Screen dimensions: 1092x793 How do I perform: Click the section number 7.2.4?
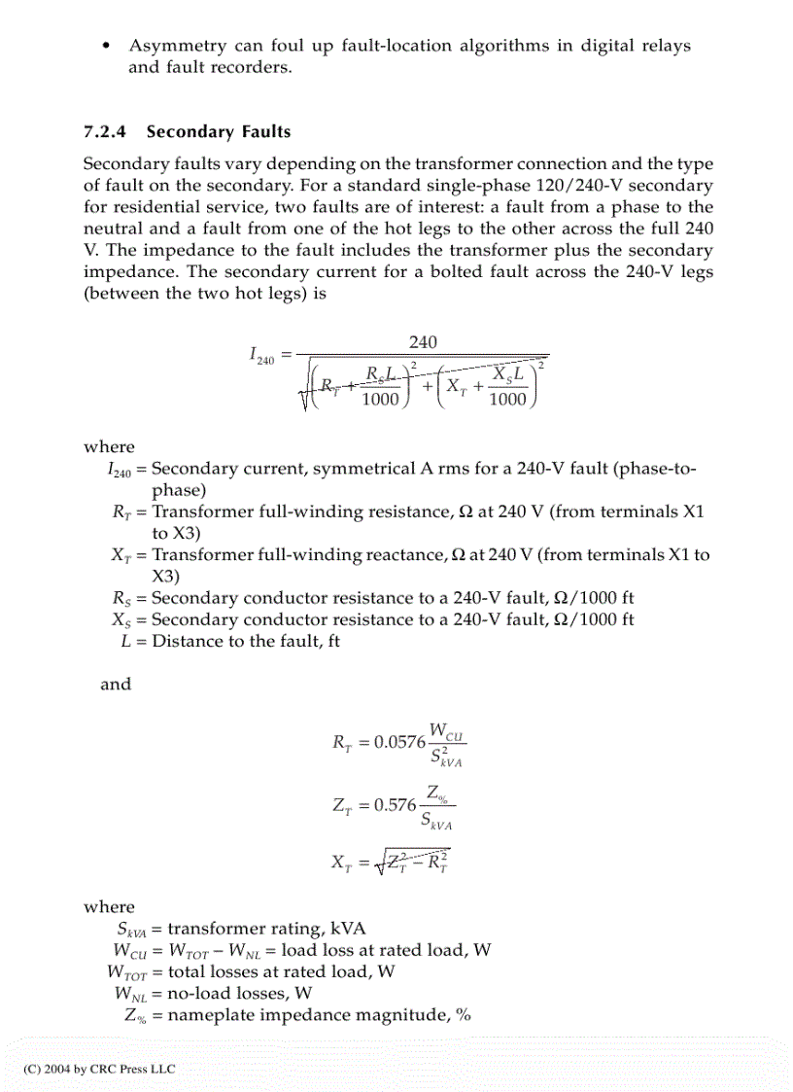[109, 131]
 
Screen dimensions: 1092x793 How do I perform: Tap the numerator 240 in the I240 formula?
[423, 341]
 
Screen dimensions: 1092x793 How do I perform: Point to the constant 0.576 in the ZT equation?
[395, 806]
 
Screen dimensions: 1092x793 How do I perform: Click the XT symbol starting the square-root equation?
[342, 863]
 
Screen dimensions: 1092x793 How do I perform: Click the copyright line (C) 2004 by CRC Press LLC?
[100, 1069]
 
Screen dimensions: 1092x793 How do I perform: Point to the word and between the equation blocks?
[116, 684]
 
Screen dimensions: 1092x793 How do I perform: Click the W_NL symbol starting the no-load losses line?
[130, 993]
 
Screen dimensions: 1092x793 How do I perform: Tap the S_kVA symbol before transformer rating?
[132, 929]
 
